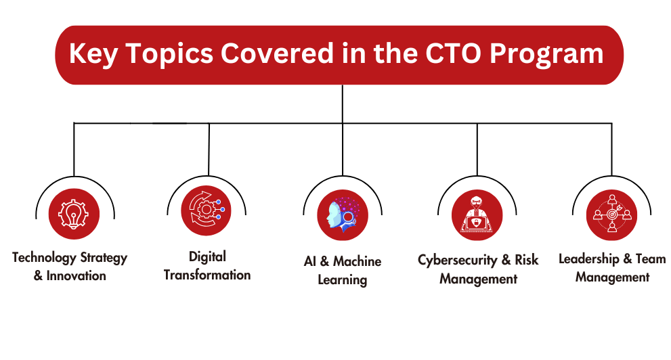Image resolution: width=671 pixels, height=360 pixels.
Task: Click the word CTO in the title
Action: click(454, 53)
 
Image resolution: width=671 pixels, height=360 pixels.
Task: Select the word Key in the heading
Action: click(93, 55)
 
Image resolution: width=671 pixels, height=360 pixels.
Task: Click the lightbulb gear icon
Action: click(74, 214)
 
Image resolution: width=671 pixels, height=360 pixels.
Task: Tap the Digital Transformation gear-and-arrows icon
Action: click(206, 210)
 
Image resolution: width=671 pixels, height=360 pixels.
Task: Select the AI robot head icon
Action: click(343, 215)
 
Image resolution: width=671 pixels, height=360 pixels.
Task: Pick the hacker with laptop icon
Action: click(477, 215)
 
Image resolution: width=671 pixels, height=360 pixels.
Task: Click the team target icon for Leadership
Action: click(611, 215)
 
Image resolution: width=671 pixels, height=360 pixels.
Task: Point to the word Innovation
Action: click(76, 276)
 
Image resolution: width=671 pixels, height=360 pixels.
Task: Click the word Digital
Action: click(208, 257)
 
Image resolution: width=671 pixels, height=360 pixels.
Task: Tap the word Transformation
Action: click(207, 275)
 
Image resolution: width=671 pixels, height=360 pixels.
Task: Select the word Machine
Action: click(358, 261)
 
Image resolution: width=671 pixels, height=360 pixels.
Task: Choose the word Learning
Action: click(343, 280)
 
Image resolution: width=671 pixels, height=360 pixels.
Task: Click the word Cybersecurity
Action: click(458, 260)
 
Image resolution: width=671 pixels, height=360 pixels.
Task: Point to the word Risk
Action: click(526, 260)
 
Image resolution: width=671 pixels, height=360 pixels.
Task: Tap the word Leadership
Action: click(589, 258)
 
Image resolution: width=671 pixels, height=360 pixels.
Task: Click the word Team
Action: click(651, 258)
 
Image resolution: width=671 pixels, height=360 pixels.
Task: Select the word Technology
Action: click(44, 258)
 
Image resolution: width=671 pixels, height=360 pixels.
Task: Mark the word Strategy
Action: click(104, 258)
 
